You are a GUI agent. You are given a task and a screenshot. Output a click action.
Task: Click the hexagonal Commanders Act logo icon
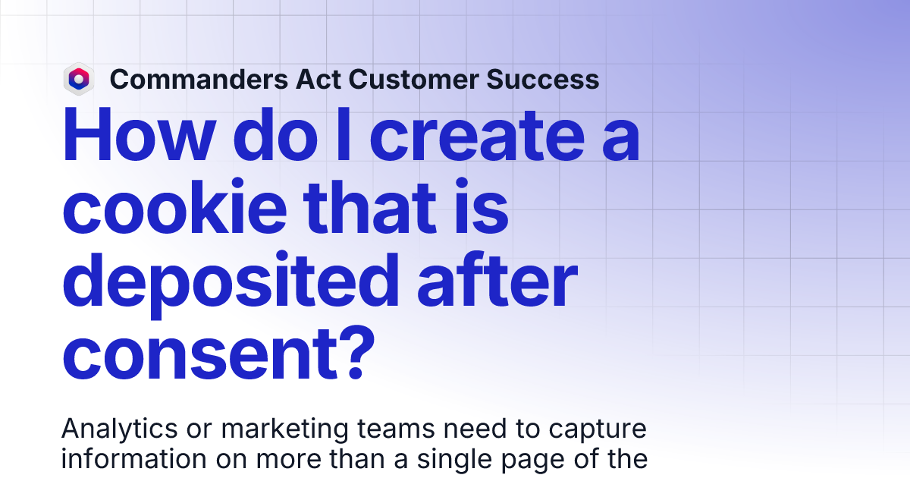pos(79,79)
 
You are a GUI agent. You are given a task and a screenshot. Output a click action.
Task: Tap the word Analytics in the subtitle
pos(115,429)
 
